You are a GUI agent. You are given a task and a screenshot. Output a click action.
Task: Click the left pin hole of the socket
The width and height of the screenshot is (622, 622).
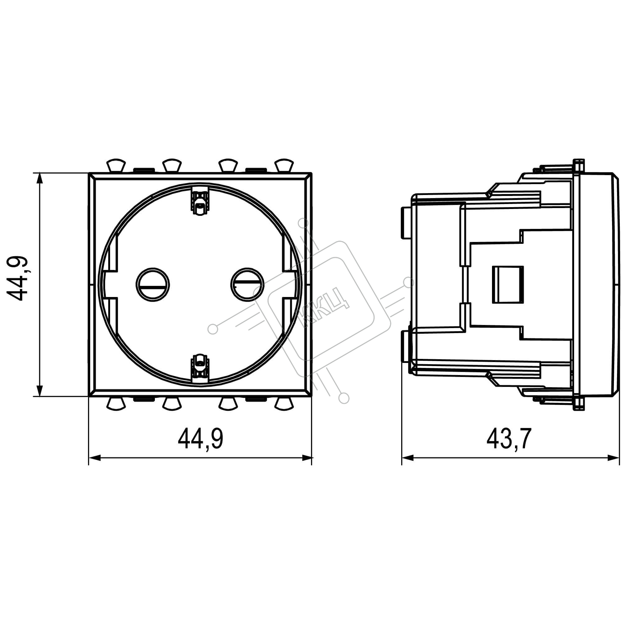pyautogui.click(x=153, y=285)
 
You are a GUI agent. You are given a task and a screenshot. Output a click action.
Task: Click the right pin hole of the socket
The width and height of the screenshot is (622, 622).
pyautogui.click(x=247, y=285)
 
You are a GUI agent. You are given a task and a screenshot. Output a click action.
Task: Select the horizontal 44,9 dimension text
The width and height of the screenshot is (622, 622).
pyautogui.click(x=201, y=439)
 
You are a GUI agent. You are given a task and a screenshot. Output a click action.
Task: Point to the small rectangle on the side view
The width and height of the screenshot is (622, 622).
pyautogui.click(x=508, y=284)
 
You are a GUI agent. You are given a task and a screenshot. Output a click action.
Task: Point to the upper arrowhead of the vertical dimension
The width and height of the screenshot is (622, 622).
pyautogui.click(x=39, y=179)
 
